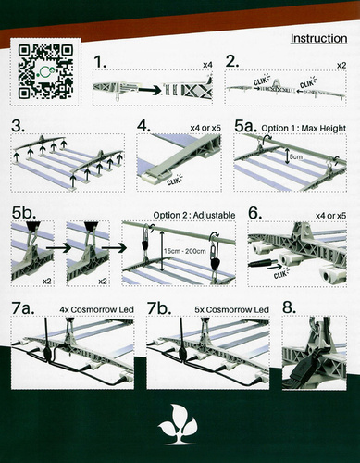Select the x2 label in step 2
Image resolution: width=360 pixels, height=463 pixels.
tap(341, 66)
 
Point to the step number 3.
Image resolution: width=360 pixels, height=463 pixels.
tap(18, 125)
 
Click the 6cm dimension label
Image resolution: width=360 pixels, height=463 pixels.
tap(295, 158)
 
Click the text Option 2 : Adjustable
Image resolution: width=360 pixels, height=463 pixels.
tap(194, 216)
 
